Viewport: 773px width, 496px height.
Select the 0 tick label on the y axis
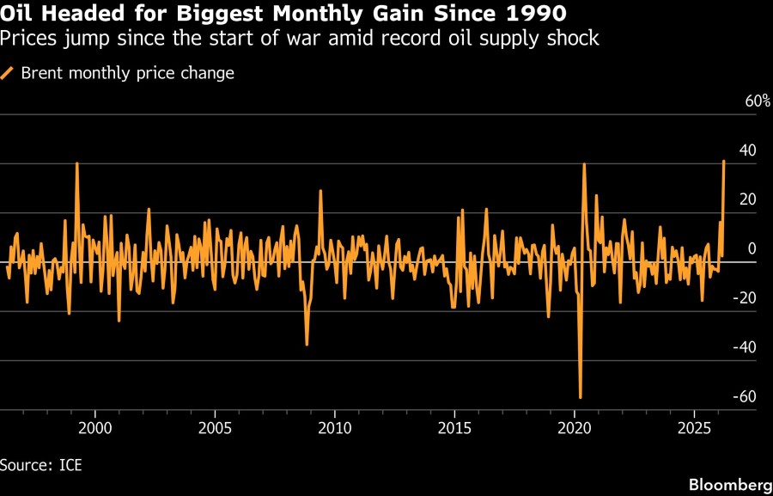752,248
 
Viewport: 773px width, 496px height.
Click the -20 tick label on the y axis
744,298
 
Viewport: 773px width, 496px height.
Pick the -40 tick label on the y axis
744,347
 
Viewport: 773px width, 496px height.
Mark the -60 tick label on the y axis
744,396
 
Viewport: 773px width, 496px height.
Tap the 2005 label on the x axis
215,427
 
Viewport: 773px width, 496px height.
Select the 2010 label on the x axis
334,427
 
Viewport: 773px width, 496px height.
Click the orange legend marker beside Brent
7,73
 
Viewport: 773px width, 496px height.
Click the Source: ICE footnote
41,465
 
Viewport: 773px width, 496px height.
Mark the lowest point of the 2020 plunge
581,397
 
